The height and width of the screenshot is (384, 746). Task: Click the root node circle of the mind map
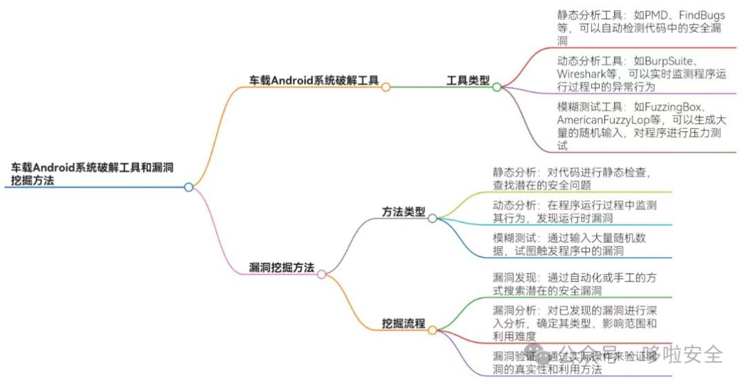click(189, 187)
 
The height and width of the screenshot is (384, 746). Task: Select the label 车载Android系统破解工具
click(314, 80)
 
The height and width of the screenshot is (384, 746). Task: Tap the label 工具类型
click(468, 80)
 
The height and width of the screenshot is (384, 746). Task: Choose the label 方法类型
click(404, 211)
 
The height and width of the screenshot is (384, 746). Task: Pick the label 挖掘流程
click(404, 323)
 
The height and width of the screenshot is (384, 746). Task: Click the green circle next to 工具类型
click(496, 87)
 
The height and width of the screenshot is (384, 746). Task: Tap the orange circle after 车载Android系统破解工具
click(386, 87)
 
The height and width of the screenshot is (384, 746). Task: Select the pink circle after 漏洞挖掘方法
click(321, 274)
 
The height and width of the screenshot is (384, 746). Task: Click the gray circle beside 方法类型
click(432, 218)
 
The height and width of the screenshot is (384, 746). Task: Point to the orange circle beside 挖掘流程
click(432, 330)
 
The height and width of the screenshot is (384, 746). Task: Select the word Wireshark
click(582, 74)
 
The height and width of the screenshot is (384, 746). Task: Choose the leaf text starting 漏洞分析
click(575, 323)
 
